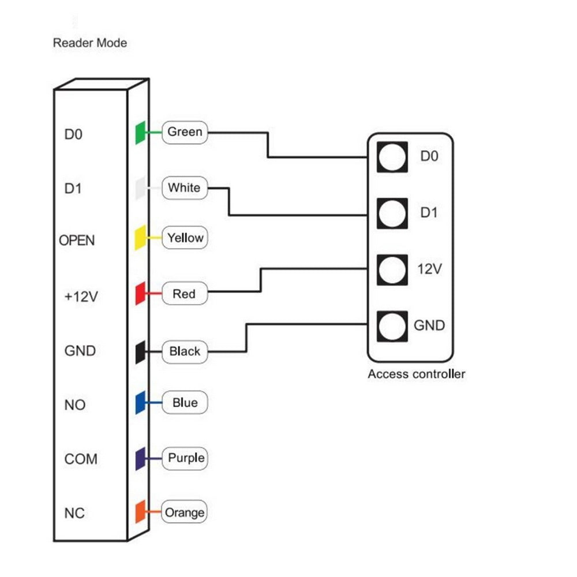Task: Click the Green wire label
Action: [x=185, y=132]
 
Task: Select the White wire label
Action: [x=184, y=188]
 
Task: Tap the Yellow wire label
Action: [x=185, y=238]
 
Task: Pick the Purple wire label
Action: [x=186, y=458]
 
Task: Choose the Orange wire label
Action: [x=185, y=512]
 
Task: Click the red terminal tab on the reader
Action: [x=140, y=294]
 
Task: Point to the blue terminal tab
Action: [x=140, y=403]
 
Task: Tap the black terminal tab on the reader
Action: [x=140, y=351]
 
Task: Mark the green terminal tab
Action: [x=140, y=133]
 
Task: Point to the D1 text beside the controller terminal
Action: [x=429, y=213]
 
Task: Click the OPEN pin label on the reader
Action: [x=77, y=240]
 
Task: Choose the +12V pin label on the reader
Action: [x=81, y=297]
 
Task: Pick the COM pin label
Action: [x=81, y=459]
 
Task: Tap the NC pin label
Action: [x=75, y=513]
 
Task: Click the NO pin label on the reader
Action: [x=75, y=405]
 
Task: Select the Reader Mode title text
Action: [x=90, y=43]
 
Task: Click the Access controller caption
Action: [x=417, y=374]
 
